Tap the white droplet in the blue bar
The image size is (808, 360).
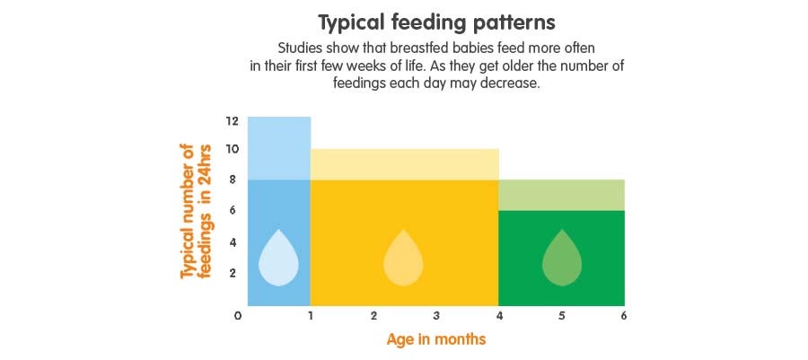coord(278,259)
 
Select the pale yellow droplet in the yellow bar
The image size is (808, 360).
coord(403,259)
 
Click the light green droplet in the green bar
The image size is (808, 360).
coord(562,259)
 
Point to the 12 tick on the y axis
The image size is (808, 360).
coord(232,121)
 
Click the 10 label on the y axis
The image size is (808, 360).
coord(232,149)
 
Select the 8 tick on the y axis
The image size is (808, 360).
coord(232,180)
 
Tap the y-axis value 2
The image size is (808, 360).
coord(232,273)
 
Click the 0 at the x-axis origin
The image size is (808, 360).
coord(238,316)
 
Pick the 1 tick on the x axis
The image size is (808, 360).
coord(311,316)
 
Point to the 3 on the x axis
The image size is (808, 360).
coord(436,316)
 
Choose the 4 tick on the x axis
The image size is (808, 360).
coord(499,316)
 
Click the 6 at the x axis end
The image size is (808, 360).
coord(623,316)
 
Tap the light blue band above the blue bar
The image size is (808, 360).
coord(279,148)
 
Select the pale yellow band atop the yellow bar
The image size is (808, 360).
coord(404,164)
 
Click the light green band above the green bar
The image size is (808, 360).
coord(562,195)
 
